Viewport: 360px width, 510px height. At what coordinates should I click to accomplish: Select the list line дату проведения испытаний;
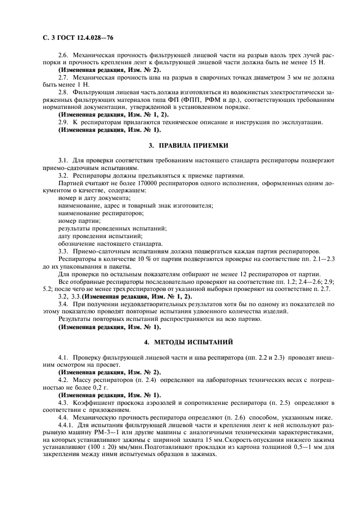pos(100,236)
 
